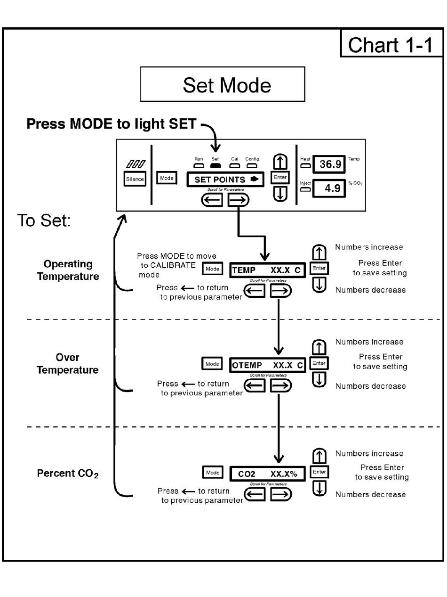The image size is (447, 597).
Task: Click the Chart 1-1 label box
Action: (391, 43)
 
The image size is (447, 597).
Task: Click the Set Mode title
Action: (223, 84)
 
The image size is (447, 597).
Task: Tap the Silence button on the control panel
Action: (135, 179)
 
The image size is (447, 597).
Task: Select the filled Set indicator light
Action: (216, 165)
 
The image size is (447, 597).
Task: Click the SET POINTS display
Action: (225, 179)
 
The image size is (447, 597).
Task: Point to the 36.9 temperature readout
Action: (329, 164)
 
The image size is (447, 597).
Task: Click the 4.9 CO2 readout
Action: (329, 188)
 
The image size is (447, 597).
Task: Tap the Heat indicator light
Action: (305, 165)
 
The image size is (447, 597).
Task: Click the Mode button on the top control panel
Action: (167, 178)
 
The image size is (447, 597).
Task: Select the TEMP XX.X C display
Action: (267, 270)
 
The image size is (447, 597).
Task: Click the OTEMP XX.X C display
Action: (267, 365)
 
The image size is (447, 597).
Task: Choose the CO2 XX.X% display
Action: (267, 474)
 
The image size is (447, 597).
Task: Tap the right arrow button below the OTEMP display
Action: (281, 385)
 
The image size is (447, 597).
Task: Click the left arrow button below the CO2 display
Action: (255, 494)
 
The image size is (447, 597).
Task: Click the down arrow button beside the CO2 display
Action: (319, 488)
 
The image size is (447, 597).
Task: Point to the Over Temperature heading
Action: (68, 364)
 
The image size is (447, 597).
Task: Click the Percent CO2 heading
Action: (68, 474)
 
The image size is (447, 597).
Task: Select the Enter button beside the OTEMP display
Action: (319, 363)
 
